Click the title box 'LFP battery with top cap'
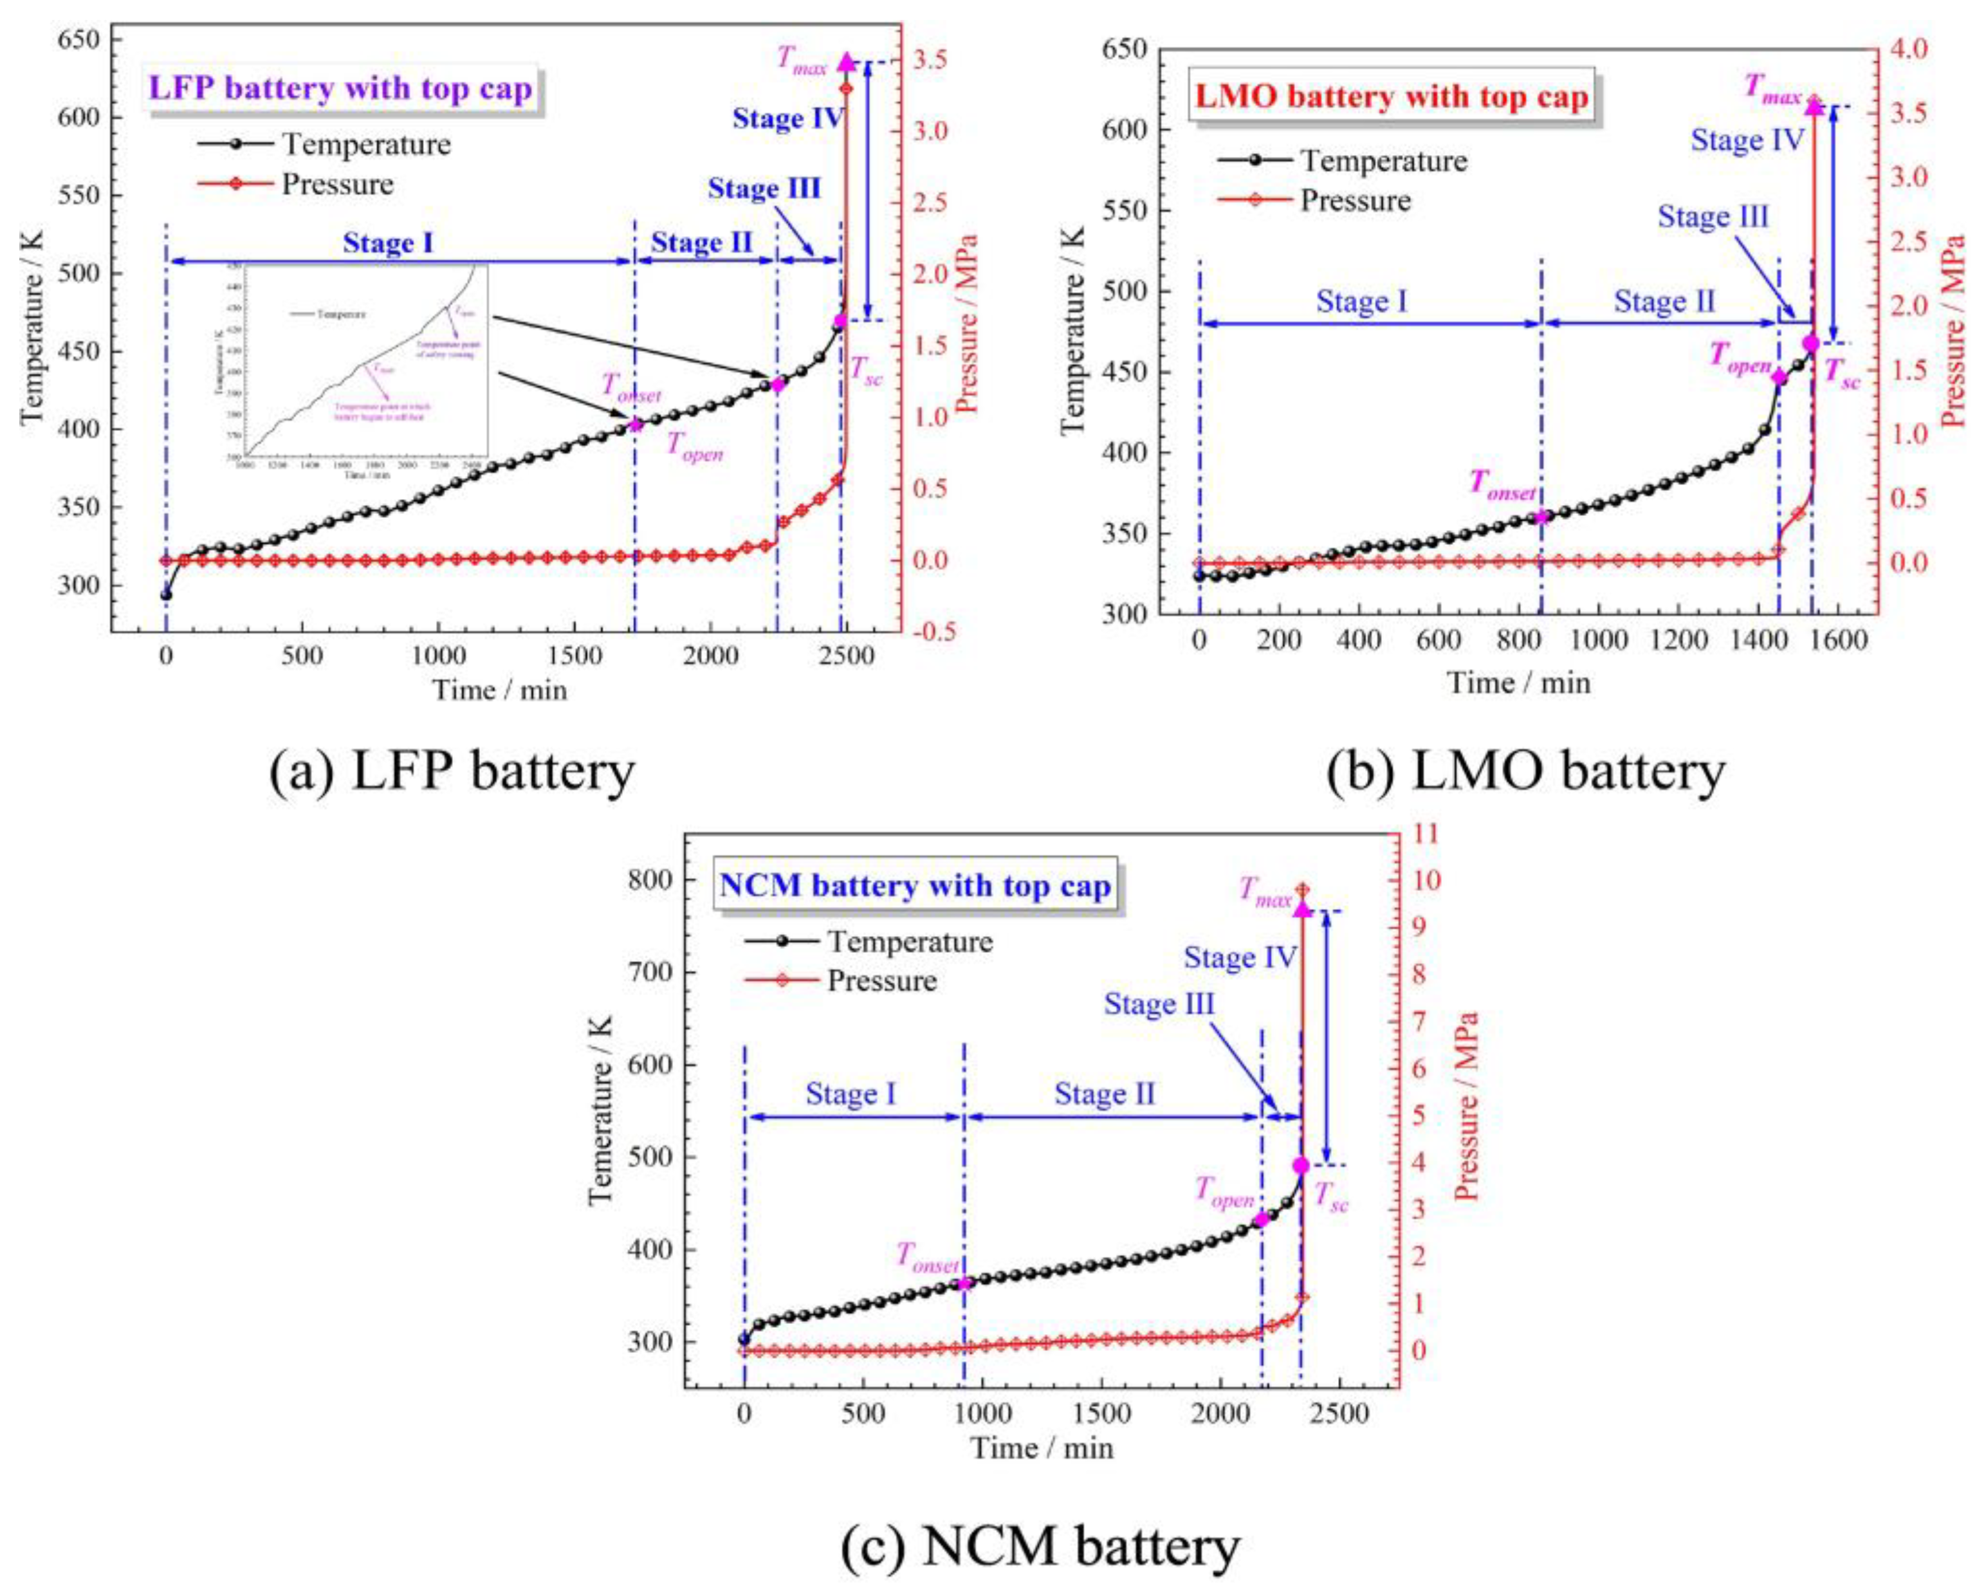click(x=340, y=90)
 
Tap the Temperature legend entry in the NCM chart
click(x=910, y=942)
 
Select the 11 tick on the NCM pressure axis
click(x=1428, y=834)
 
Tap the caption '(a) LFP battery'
click(x=451, y=771)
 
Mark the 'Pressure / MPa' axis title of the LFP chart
click(x=966, y=325)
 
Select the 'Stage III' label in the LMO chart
click(x=1713, y=217)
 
